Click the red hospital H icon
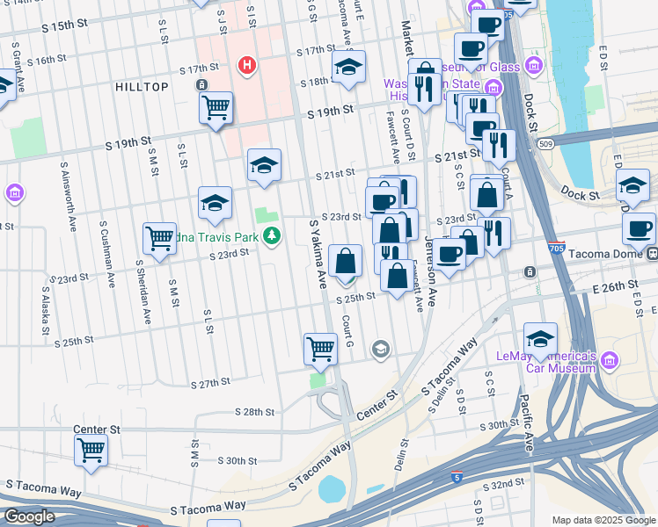(247, 64)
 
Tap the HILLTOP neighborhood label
(141, 86)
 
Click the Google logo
(29, 516)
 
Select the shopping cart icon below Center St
(91, 451)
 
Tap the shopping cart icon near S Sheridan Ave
(159, 237)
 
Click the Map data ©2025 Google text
(603, 520)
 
